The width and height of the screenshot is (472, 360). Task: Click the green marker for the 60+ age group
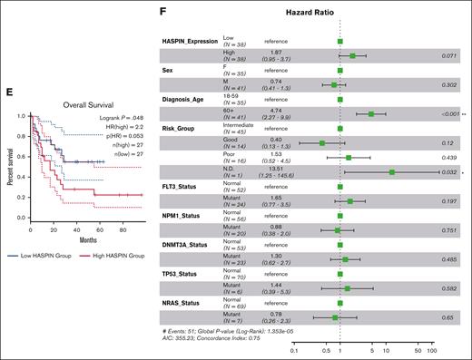pos(371,114)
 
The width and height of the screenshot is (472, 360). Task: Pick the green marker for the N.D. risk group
pos(391,170)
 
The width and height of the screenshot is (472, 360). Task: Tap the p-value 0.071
pos(447,55)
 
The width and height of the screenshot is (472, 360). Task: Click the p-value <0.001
pos(444,114)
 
